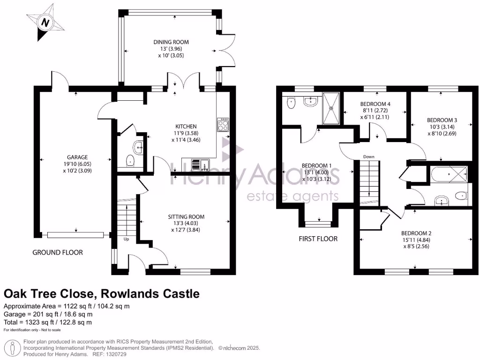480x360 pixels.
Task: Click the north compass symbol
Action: click(45, 22)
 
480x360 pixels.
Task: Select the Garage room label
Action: click(77, 157)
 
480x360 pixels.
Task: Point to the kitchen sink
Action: click(202, 165)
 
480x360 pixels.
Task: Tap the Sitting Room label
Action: click(187, 217)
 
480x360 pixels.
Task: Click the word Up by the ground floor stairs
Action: click(126, 239)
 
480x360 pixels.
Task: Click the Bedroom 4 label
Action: click(375, 104)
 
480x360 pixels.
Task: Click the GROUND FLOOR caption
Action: click(58, 252)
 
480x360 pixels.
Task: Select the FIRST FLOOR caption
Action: click(318, 239)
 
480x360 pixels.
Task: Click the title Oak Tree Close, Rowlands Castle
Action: click(102, 294)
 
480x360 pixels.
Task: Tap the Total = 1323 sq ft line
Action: click(48, 322)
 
